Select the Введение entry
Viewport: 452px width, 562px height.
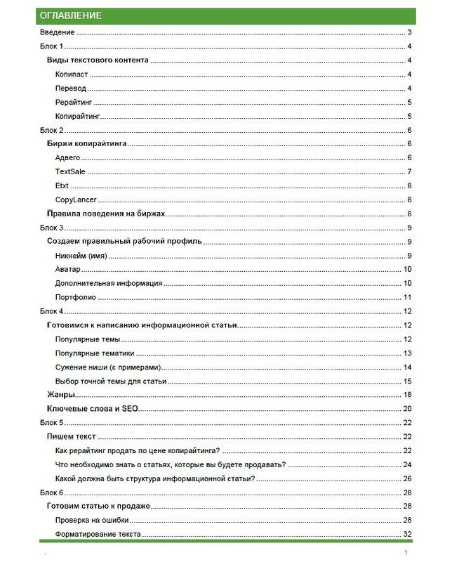pyautogui.click(x=58, y=33)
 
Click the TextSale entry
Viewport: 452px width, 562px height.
pyautogui.click(x=71, y=172)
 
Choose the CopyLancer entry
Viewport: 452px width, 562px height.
pyautogui.click(x=76, y=200)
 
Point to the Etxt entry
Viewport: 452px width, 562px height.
pyautogui.click(x=62, y=186)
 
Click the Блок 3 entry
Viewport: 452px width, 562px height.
pyautogui.click(x=52, y=228)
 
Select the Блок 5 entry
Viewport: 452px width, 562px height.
pyautogui.click(x=52, y=422)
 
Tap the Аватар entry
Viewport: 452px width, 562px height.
pyautogui.click(x=68, y=269)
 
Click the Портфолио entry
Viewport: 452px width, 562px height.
pyautogui.click(x=76, y=297)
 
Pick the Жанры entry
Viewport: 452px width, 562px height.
pyautogui.click(x=61, y=395)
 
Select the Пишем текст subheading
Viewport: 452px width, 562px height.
pyautogui.click(x=71, y=436)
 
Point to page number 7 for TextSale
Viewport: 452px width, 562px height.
pyautogui.click(x=408, y=172)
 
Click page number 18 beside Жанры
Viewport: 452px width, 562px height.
pyautogui.click(x=407, y=395)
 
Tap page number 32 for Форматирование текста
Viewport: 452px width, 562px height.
pyautogui.click(x=407, y=534)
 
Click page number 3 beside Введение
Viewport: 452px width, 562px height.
pyautogui.click(x=408, y=33)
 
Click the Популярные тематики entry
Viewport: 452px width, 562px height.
pyautogui.click(x=95, y=353)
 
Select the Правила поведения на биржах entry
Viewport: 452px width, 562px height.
pyautogui.click(x=107, y=214)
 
